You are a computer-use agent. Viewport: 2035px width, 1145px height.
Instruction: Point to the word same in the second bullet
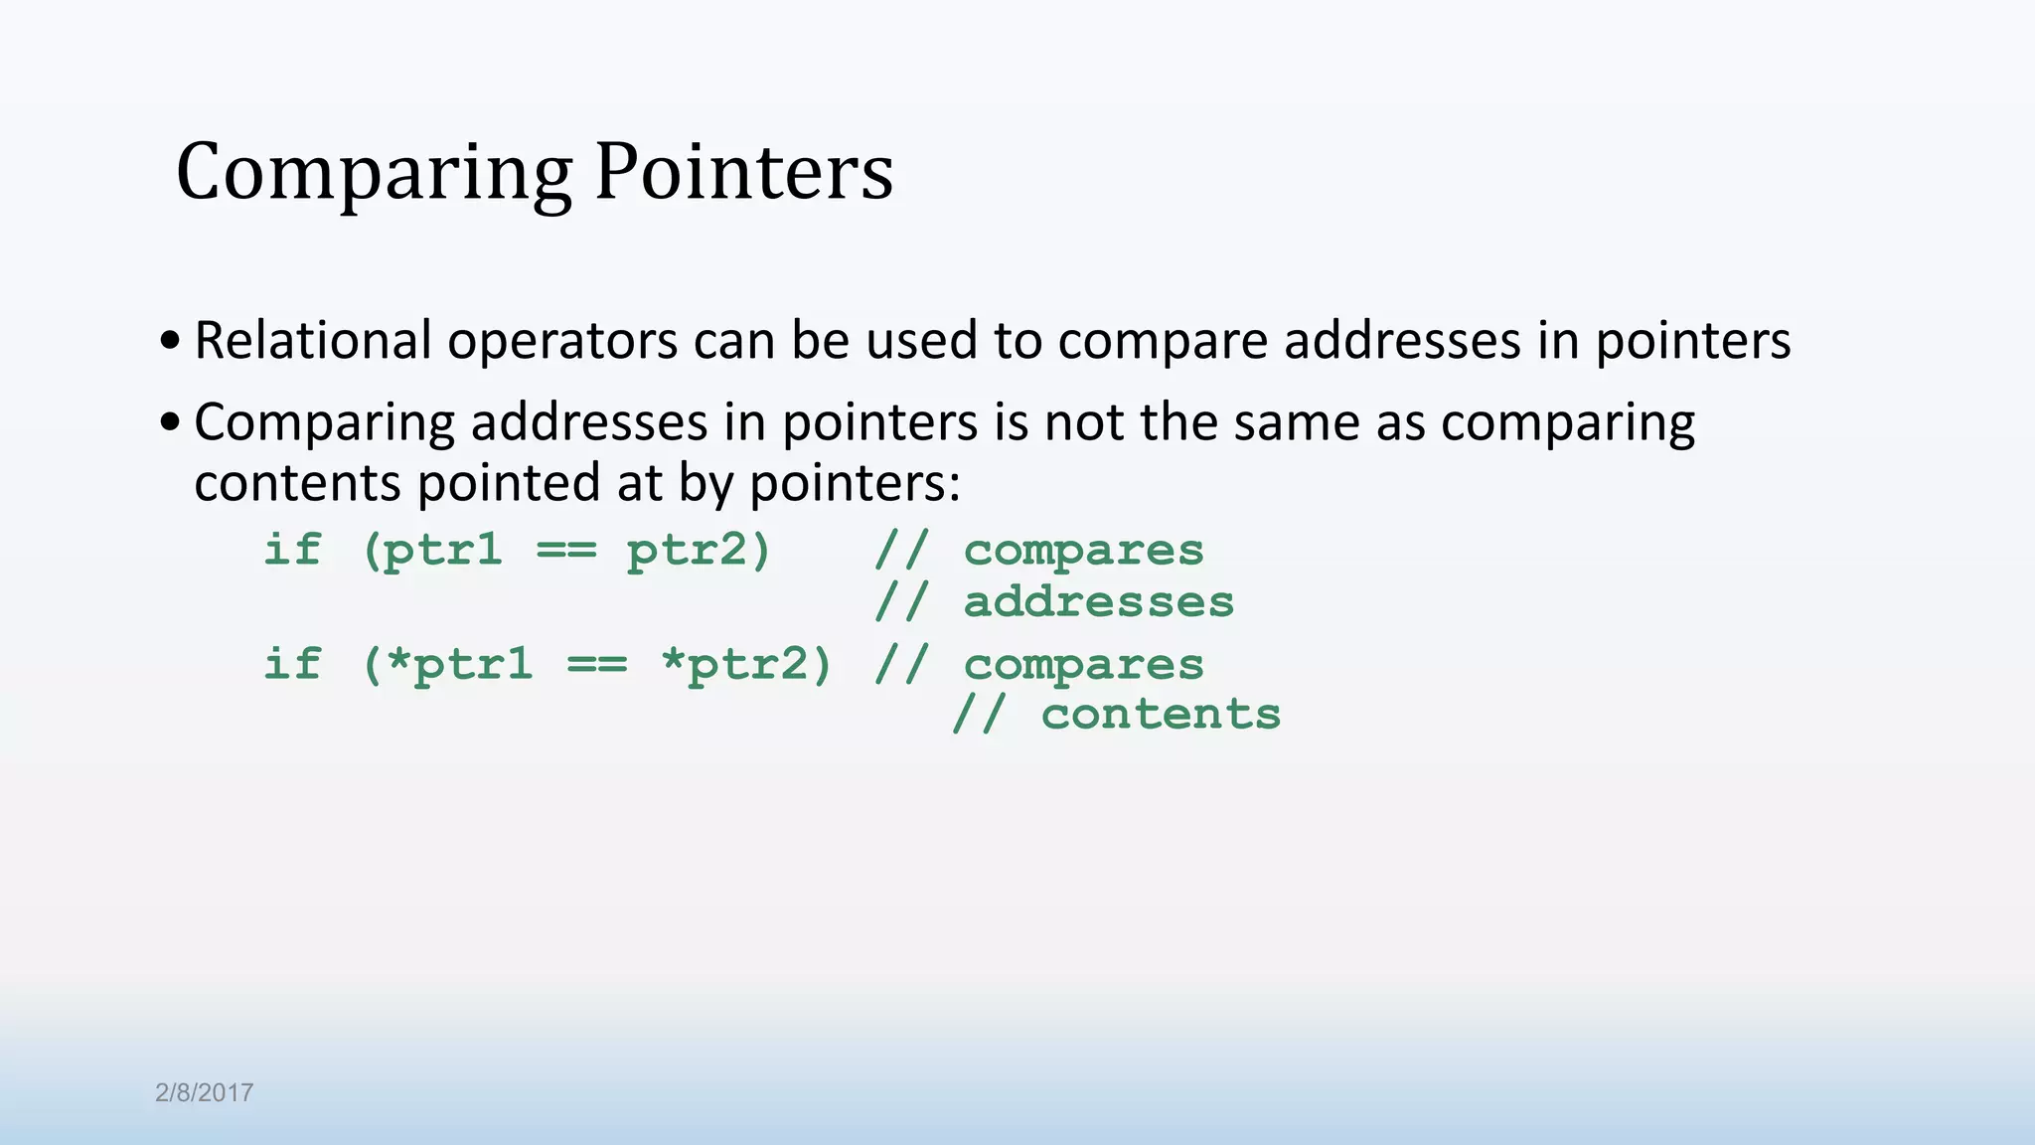pyautogui.click(x=1298, y=422)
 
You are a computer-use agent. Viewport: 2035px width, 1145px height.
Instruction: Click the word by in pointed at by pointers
pyautogui.click(x=706, y=484)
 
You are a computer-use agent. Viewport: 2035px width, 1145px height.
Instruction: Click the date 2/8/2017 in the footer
pyautogui.click(x=204, y=1092)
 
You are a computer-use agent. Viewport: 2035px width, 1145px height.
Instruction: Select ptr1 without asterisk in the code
pyautogui.click(x=443, y=551)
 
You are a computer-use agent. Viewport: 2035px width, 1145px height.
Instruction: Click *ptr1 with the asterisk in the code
pyautogui.click(x=459, y=664)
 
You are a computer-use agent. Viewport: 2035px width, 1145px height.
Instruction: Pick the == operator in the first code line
pyautogui.click(x=566, y=551)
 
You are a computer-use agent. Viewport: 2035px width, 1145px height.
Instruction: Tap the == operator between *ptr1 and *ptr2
pyautogui.click(x=597, y=664)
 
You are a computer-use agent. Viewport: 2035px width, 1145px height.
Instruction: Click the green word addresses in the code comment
pyautogui.click(x=1098, y=602)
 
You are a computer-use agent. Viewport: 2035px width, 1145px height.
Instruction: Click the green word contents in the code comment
pyautogui.click(x=1161, y=715)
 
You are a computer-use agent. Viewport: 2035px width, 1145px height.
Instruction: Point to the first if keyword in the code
pyautogui.click(x=292, y=550)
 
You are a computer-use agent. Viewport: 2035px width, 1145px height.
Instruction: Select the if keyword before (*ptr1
pyautogui.click(x=292, y=663)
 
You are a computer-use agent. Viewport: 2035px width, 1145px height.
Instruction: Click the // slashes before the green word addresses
pyautogui.click(x=901, y=602)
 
